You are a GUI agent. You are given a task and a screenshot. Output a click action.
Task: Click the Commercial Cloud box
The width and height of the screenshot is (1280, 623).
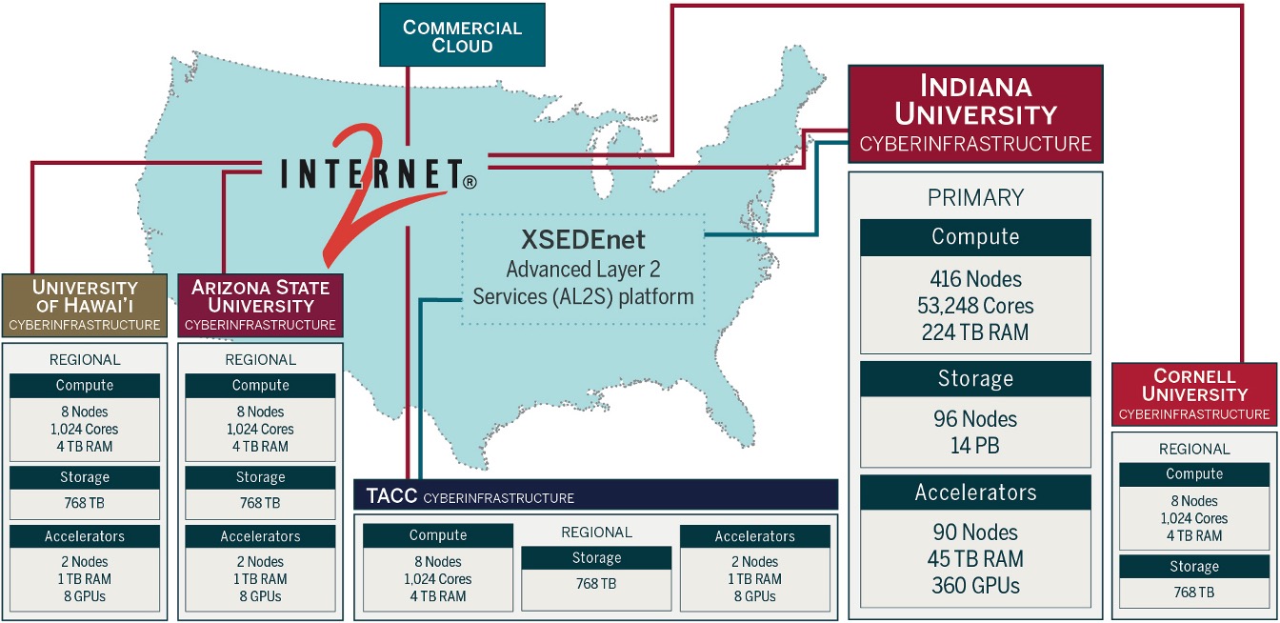pos(462,35)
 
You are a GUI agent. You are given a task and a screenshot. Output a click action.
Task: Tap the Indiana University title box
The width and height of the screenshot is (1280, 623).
pos(975,113)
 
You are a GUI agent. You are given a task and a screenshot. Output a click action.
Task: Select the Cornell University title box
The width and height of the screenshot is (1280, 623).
pos(1194,394)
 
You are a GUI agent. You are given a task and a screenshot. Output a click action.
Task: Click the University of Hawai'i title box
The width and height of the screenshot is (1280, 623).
pos(85,305)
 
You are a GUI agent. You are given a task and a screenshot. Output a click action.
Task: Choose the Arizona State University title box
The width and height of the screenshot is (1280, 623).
pos(261,305)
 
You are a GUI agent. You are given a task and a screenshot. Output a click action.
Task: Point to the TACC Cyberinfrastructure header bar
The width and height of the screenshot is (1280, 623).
pos(596,495)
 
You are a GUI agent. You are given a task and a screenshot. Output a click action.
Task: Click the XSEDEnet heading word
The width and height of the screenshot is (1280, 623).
pos(583,239)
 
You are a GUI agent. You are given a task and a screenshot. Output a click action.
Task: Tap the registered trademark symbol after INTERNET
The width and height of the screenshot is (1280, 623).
pos(470,182)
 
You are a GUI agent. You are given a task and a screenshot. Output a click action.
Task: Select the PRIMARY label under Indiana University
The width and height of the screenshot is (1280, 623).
pos(975,198)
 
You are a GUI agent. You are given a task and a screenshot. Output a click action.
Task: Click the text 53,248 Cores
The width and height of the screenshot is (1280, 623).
pos(975,306)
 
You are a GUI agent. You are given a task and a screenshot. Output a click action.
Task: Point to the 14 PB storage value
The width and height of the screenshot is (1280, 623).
pos(975,446)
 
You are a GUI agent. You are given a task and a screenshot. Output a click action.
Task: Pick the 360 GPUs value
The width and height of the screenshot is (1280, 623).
pos(975,585)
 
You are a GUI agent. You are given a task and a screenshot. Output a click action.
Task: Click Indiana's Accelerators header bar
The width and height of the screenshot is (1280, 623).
pos(975,492)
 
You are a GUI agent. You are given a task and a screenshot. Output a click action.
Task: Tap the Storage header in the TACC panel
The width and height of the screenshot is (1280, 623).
pos(596,558)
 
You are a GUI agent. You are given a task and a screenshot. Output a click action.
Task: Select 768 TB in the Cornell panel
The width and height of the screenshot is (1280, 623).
pos(1194,593)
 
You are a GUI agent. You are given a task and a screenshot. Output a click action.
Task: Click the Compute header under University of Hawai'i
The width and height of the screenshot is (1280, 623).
pos(85,386)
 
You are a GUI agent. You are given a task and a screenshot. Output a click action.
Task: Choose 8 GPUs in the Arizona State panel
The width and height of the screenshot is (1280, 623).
pos(261,596)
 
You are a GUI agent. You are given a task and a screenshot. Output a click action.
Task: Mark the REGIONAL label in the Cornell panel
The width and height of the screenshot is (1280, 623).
pos(1194,450)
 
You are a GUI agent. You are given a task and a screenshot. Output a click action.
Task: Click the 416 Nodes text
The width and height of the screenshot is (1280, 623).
pos(975,279)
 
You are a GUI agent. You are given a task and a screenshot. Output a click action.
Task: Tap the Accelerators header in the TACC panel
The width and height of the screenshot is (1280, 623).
pos(755,536)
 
